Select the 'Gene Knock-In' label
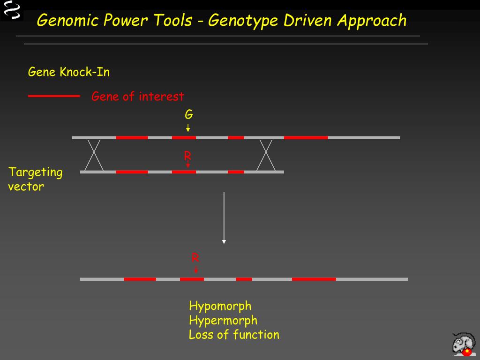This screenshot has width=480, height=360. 69,72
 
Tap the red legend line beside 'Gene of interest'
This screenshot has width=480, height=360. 54,96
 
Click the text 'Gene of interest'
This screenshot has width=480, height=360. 137,97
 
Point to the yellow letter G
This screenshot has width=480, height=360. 188,114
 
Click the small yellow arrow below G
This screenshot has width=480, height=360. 188,127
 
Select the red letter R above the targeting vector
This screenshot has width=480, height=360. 187,156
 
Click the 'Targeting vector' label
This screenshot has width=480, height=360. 35,179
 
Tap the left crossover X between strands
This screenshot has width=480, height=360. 94,155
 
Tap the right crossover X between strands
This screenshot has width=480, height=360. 266,155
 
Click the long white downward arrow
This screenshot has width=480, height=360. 224,217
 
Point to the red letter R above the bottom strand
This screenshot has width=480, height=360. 195,257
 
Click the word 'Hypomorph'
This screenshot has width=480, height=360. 220,306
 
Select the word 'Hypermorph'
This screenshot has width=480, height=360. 223,321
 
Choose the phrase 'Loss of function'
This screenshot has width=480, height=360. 234,335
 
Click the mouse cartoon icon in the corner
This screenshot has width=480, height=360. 464,344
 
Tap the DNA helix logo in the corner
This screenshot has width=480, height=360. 11,10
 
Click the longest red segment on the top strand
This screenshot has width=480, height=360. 306,137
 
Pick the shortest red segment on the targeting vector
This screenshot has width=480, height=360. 236,172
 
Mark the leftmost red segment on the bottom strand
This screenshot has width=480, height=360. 140,279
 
